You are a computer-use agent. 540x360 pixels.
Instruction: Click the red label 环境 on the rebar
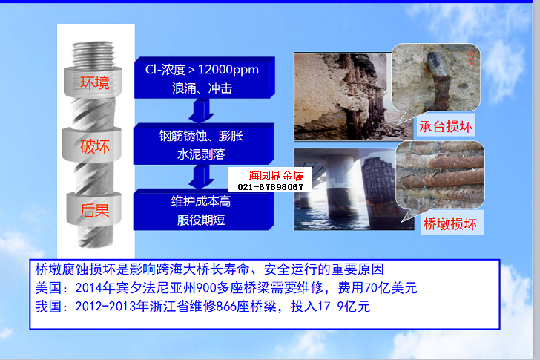(95, 83)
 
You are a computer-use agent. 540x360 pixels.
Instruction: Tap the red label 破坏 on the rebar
(95, 147)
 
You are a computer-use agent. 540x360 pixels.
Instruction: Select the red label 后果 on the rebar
(95, 211)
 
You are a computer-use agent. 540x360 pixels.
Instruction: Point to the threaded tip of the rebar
(93, 54)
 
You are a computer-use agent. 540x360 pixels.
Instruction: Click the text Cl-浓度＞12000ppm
(202, 70)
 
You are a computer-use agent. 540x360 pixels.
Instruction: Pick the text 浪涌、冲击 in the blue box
(202, 88)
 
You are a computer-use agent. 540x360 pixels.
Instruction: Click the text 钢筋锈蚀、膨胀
(201, 136)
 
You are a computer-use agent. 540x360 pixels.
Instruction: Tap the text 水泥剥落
(201, 154)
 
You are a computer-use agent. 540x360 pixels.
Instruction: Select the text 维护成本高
(201, 201)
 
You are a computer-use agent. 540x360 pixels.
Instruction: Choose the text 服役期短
(201, 220)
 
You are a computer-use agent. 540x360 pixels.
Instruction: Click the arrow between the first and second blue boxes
(202, 111)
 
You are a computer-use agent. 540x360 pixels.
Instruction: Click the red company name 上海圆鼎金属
(271, 176)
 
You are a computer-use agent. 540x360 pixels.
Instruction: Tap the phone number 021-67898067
(271, 187)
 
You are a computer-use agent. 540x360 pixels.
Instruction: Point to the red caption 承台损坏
(446, 127)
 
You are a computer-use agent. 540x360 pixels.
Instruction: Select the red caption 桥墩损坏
(450, 224)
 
